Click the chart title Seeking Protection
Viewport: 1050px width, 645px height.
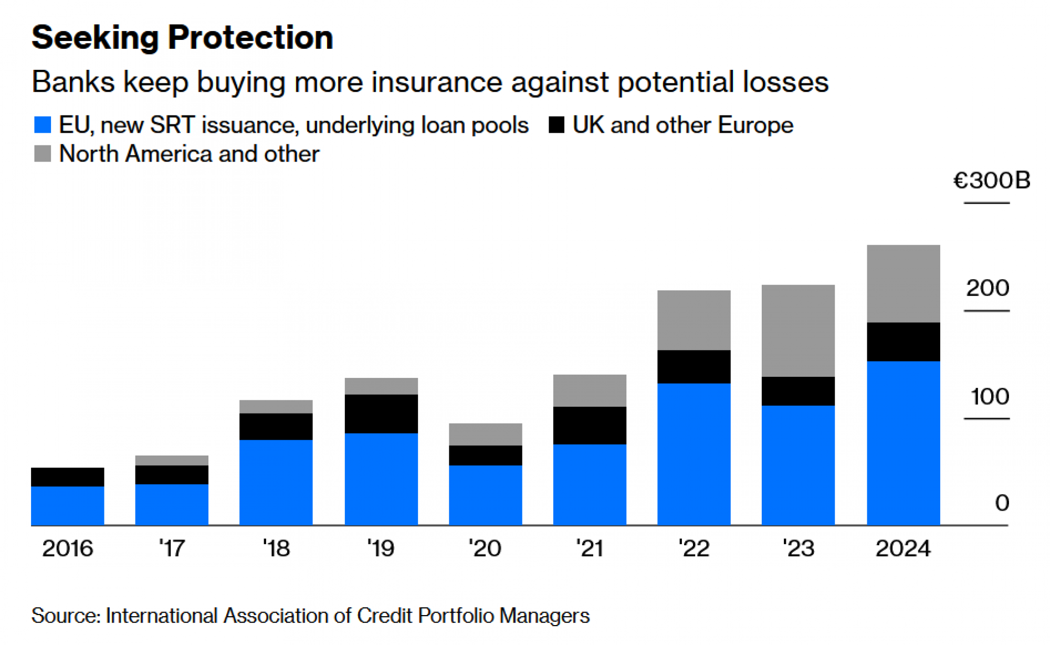coord(182,38)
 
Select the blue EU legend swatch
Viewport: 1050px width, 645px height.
coord(42,125)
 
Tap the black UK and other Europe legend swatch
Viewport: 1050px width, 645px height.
coord(556,125)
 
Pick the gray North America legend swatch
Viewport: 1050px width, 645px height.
coord(42,154)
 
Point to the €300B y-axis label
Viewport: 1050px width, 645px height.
coord(991,181)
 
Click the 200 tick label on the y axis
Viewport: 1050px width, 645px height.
coord(988,288)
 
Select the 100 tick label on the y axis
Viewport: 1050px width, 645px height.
coord(990,396)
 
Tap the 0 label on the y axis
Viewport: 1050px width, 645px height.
coord(1002,503)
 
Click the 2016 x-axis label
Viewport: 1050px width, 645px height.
coord(67,548)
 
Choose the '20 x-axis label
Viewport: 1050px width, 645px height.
coord(485,548)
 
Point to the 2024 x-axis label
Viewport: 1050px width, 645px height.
coord(903,548)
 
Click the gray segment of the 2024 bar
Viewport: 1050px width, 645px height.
coord(903,283)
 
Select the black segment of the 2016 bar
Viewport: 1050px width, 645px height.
coord(67,477)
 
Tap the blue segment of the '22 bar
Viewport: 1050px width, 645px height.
coord(694,454)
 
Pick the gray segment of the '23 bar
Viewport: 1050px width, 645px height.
coord(798,331)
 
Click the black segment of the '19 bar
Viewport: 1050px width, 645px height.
coord(381,414)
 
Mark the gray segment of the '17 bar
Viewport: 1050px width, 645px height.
coord(172,460)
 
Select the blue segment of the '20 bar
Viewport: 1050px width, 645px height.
coord(485,495)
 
